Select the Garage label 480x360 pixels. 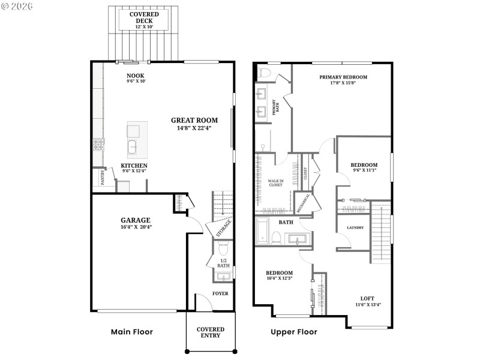pyautogui.click(x=135, y=220)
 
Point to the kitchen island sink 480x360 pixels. pyautogui.click(x=133, y=146)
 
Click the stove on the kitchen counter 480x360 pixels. pyautogui.click(x=98, y=144)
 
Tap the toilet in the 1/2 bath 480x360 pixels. pyautogui.click(x=223, y=248)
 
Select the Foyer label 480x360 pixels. pyautogui.click(x=220, y=293)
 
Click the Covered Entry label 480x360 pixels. pyautogui.click(x=211, y=332)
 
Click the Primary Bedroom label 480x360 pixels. pyautogui.click(x=343, y=77)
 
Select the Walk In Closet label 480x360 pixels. pyautogui.click(x=275, y=182)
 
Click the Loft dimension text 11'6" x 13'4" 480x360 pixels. pyautogui.click(x=367, y=304)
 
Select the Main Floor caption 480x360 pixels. pyautogui.click(x=132, y=332)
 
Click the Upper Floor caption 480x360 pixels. pyautogui.click(x=293, y=332)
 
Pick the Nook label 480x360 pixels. pyautogui.click(x=134, y=76)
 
